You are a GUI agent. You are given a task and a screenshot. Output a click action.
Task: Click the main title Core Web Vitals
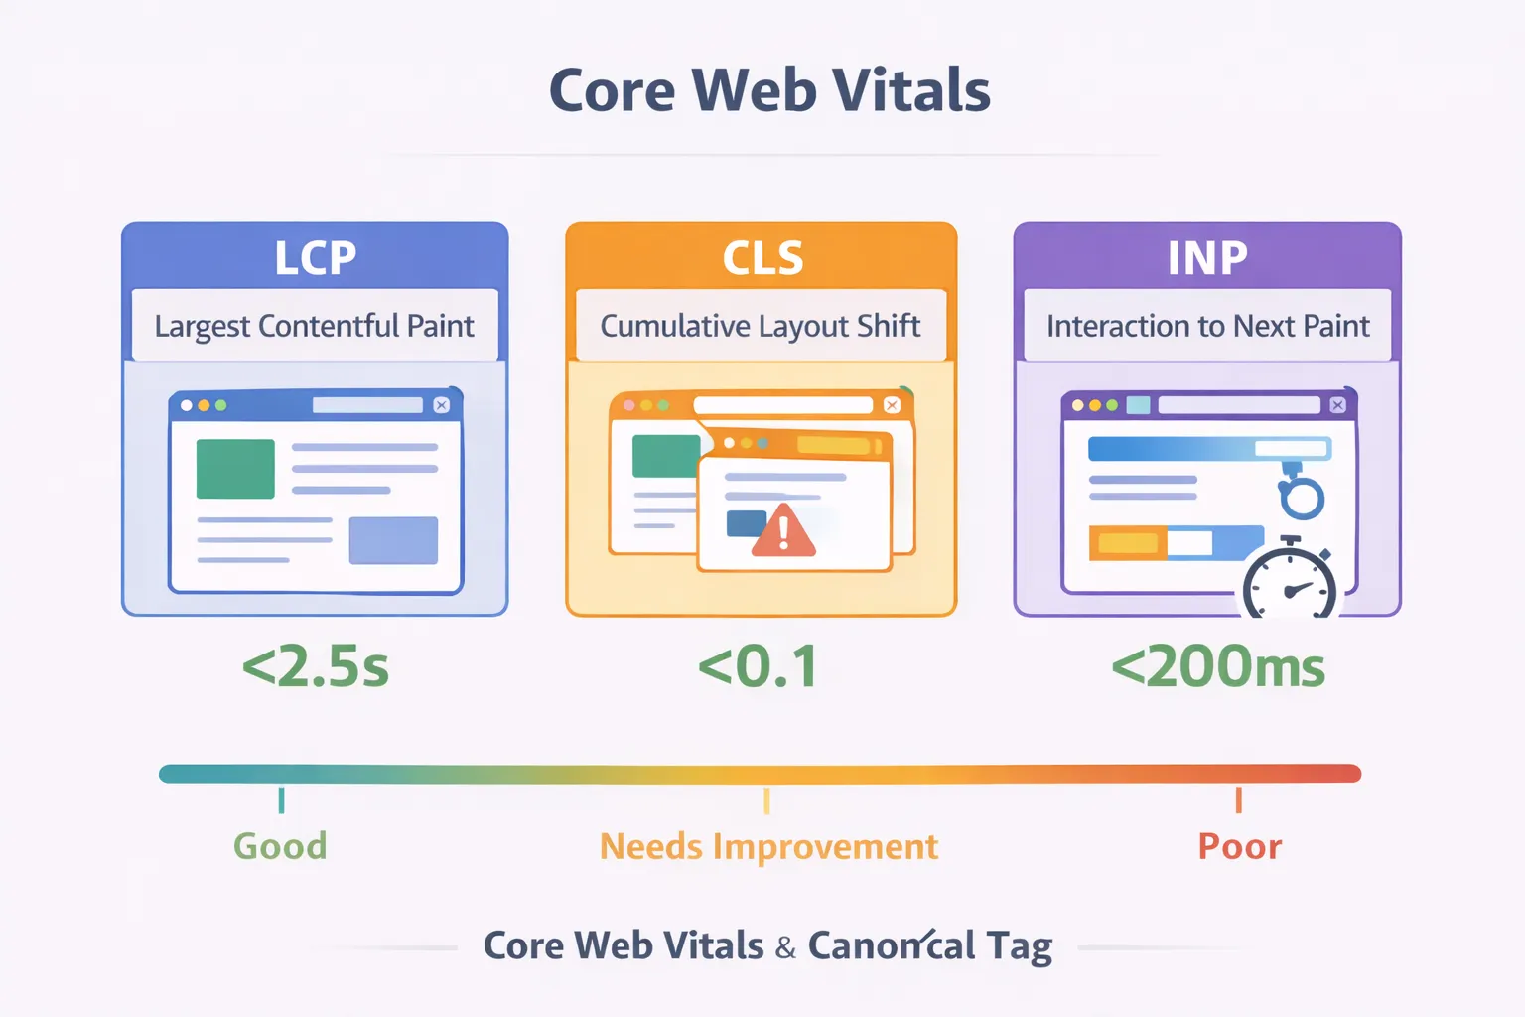click(x=769, y=90)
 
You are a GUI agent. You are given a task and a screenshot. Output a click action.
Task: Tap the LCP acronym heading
click(x=315, y=258)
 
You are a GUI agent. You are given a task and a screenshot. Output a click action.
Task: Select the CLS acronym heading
click(x=762, y=258)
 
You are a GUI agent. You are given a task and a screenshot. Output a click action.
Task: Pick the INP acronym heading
click(x=1206, y=258)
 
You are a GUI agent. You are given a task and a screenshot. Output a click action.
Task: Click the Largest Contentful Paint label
click(x=314, y=326)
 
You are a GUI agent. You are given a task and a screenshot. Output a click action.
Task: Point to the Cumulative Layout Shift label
click(x=761, y=326)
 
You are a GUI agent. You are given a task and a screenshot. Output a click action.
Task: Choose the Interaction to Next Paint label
click(x=1207, y=326)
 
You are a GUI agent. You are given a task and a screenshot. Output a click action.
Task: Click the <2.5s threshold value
click(x=316, y=666)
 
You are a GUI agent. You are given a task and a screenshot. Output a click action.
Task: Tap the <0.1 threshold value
click(x=759, y=666)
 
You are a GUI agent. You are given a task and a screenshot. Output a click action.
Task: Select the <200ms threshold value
click(x=1218, y=666)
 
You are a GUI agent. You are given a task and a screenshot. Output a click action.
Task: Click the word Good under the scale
click(x=280, y=846)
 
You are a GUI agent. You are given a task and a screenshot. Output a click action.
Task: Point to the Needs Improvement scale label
click(x=768, y=846)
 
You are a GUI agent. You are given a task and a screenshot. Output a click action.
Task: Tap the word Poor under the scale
click(x=1239, y=846)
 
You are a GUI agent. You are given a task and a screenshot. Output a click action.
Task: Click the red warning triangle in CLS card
click(x=783, y=531)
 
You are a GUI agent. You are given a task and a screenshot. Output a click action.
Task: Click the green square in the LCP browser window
click(x=235, y=469)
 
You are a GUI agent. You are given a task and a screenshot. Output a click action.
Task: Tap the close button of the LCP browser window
click(x=442, y=405)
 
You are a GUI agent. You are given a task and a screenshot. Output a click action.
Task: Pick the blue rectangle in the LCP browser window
click(x=393, y=540)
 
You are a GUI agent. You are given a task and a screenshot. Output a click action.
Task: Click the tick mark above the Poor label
click(x=1238, y=799)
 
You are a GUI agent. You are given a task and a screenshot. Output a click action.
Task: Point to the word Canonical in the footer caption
click(x=892, y=946)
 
